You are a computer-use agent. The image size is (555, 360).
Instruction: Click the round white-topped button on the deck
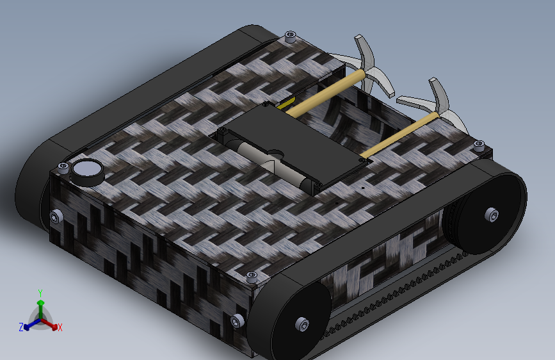tap(88, 172)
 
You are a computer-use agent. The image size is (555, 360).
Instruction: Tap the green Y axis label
tap(40, 293)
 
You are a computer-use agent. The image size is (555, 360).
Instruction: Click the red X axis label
tap(60, 327)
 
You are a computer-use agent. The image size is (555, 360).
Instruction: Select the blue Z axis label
tap(21, 327)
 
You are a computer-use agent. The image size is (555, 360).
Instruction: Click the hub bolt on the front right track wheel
tap(302, 325)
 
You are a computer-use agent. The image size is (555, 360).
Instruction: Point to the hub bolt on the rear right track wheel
tap(492, 215)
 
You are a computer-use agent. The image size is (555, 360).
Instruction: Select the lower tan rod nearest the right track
tap(400, 135)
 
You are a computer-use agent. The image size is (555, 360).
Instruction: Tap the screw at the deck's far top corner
tap(290, 36)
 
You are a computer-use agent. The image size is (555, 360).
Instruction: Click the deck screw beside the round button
tap(63, 167)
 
